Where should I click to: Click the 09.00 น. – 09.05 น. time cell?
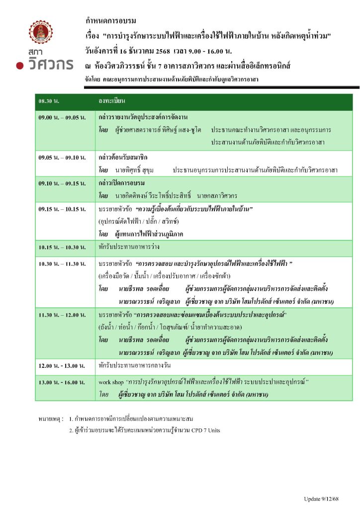point(62,118)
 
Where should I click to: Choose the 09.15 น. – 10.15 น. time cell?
point(62,209)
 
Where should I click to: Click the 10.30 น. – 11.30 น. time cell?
point(62,263)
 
